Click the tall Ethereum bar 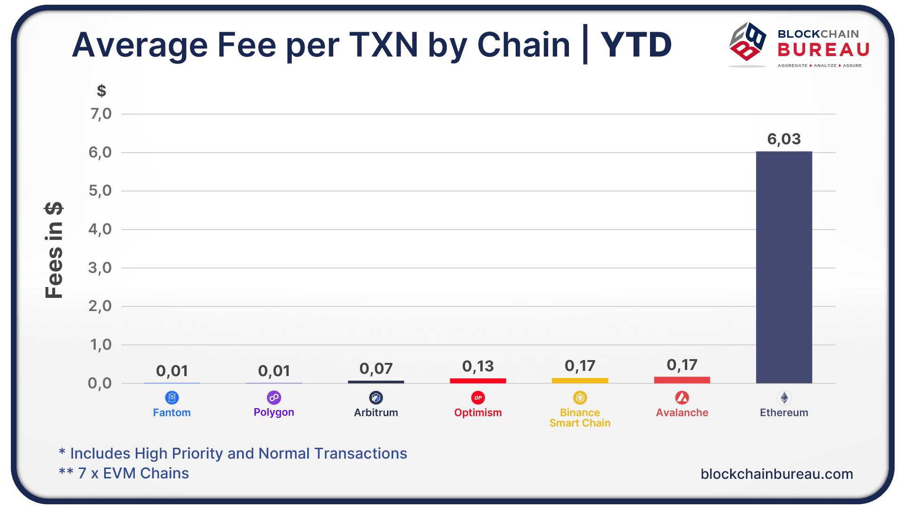(784, 267)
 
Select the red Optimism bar (478, 380)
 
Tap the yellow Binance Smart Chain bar (580, 380)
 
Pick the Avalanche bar (682, 380)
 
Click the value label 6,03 (784, 139)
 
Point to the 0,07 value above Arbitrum (376, 369)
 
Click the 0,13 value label (478, 366)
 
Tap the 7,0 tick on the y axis (101, 114)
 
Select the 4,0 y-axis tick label (100, 229)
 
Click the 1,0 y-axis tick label (101, 345)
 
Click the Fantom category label (172, 412)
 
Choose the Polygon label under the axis (274, 412)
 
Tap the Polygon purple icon (274, 398)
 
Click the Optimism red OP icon (478, 398)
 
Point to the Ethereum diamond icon (784, 398)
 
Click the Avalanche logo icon (682, 398)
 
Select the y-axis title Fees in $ (54, 250)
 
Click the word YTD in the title (636, 45)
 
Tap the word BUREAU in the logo (823, 49)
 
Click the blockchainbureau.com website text (777, 474)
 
